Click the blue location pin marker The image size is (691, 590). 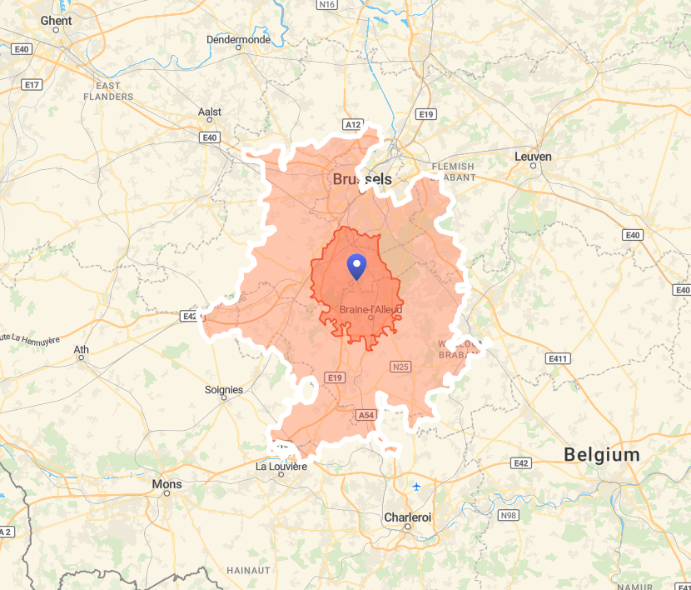(357, 267)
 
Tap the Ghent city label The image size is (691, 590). (56, 21)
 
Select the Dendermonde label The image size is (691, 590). (238, 39)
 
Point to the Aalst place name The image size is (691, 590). (210, 112)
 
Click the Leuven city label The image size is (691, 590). (533, 156)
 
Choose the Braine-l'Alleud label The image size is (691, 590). (370, 310)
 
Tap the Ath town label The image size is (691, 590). (82, 349)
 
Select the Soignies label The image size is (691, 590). (224, 389)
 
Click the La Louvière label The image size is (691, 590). (281, 467)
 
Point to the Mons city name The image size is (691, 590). (167, 484)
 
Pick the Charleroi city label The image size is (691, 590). (408, 517)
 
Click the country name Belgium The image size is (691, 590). (602, 455)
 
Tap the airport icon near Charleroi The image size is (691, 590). (416, 486)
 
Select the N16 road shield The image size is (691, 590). (327, 5)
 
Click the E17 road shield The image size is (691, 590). (32, 85)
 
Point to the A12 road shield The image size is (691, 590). (353, 124)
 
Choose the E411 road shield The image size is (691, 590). (557, 358)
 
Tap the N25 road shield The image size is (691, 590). (400, 366)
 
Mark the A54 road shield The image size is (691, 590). (365, 414)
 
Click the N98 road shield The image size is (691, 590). (508, 516)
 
